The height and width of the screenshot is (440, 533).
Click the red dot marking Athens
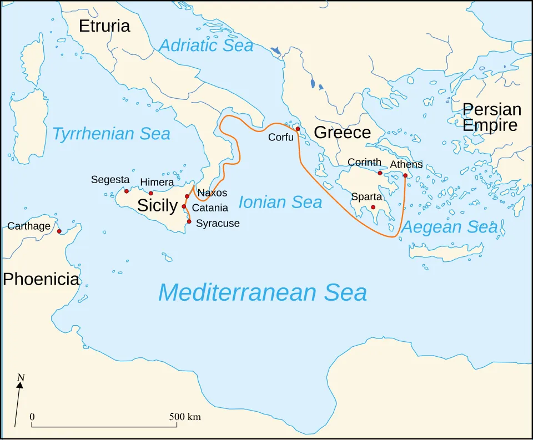405,175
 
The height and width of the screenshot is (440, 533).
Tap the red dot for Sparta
373,207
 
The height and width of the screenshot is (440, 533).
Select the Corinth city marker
380,173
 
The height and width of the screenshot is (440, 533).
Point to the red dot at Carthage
59,231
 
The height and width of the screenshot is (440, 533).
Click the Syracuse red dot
189,221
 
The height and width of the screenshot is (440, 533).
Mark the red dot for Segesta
127,191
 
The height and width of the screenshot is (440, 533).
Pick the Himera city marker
150,193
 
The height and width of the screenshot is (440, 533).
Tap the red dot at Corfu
298,129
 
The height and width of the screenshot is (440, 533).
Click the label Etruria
104,26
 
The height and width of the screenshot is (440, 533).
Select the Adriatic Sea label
206,45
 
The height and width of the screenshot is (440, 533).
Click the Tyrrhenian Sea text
111,134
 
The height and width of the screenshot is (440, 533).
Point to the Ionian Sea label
280,203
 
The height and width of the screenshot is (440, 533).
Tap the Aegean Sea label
449,227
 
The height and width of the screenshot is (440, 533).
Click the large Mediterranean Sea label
263,292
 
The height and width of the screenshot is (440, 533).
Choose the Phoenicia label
41,279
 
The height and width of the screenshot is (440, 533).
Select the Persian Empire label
491,117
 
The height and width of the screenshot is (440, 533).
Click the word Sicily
157,205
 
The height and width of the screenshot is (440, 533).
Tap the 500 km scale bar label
185,417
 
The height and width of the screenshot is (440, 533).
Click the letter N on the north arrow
21,378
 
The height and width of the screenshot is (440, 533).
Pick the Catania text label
210,208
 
